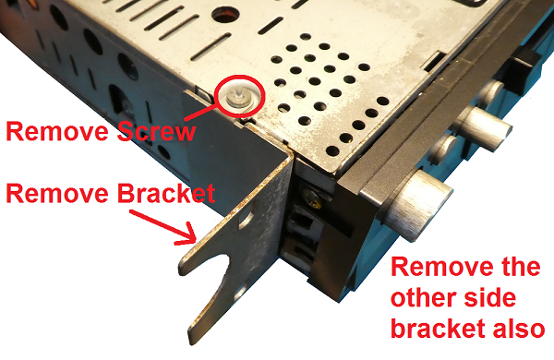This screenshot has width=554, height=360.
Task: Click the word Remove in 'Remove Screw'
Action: (57, 131)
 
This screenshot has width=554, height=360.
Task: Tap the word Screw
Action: (157, 131)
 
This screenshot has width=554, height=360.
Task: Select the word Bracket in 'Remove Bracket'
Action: (166, 193)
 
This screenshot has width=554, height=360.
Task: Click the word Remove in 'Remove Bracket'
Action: (57, 193)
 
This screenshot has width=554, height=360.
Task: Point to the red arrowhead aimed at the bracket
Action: (187, 235)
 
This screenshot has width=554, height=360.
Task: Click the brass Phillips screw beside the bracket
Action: (312, 198)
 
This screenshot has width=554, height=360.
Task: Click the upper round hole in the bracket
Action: (247, 219)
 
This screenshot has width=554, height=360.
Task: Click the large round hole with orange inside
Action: (225, 15)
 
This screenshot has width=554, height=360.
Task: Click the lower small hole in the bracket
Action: (240, 293)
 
